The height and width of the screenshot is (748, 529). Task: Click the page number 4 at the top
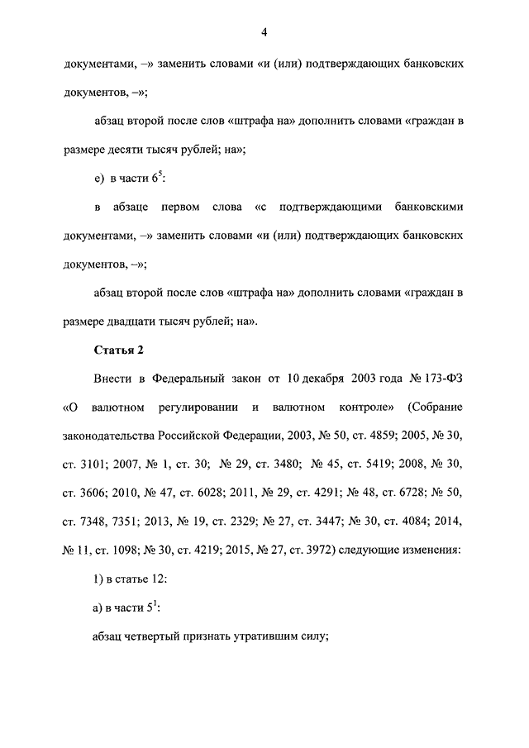point(264,32)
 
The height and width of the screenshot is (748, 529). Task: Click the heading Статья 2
point(119,350)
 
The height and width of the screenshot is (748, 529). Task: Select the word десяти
point(138,150)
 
